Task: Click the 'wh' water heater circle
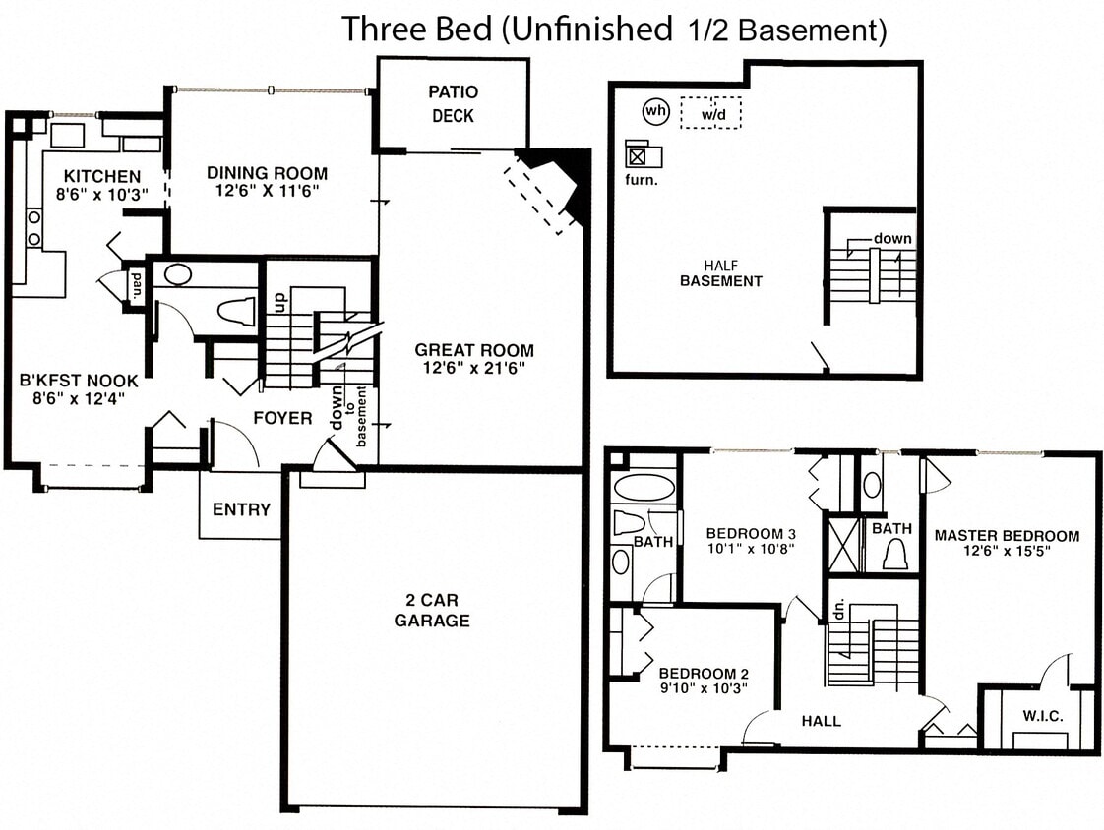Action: point(655,111)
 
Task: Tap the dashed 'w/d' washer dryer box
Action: point(711,113)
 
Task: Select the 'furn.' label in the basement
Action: point(641,180)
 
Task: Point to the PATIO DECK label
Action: point(453,104)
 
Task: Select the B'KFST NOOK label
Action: point(79,382)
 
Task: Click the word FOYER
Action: point(282,418)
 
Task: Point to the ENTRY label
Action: point(241,509)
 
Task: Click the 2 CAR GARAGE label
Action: point(432,610)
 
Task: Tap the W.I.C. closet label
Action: point(1043,716)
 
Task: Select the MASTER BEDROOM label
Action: point(1007,536)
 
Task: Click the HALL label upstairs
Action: point(821,721)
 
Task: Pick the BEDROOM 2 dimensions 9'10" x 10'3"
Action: point(704,688)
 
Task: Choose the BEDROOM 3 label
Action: point(751,534)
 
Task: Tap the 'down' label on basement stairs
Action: point(892,239)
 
